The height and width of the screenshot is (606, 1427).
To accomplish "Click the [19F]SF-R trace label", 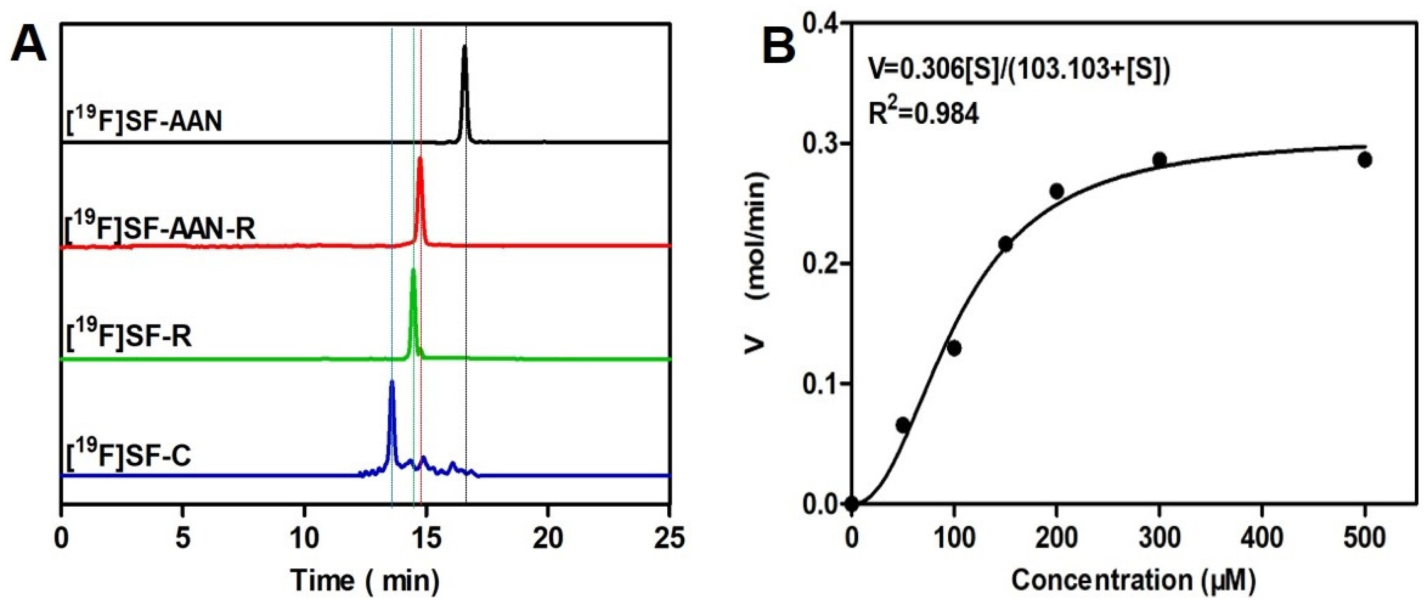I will pos(129,335).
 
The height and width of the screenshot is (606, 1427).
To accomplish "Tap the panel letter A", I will pos(29,45).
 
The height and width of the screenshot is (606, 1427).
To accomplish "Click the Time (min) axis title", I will pos(365,581).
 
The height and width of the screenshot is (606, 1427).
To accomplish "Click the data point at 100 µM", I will pos(954,348).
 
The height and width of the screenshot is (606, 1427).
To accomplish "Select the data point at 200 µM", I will pos(1056,191).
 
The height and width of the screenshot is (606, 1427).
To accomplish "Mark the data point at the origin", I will pos(852,504).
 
